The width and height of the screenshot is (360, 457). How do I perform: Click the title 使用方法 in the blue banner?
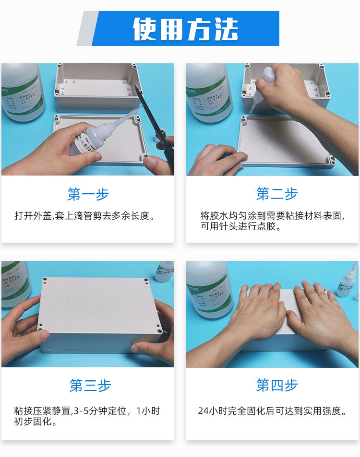click(x=185, y=29)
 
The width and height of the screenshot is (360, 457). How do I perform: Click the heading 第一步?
click(x=88, y=194)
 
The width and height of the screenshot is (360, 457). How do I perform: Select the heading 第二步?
click(x=277, y=194)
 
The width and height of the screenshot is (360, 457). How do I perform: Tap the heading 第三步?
click(x=90, y=385)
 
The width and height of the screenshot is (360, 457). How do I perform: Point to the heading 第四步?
click(x=277, y=385)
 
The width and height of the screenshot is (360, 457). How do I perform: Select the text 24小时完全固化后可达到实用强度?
click(x=272, y=410)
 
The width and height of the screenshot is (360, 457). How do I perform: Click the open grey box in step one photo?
click(x=98, y=89)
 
